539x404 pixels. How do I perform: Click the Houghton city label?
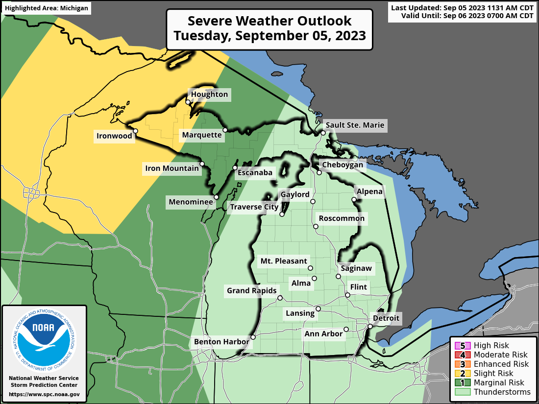[209, 95]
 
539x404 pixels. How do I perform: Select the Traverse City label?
[254, 207]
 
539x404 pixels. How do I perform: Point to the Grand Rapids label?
[252, 291]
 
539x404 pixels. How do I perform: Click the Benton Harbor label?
[221, 341]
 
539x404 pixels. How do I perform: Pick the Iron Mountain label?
[172, 169]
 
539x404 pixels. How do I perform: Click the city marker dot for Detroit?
[370, 326]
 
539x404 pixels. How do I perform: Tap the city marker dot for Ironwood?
[136, 131]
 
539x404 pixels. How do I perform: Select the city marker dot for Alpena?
[354, 200]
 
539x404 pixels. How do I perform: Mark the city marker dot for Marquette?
[225, 130]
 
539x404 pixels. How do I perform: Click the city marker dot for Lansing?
[318, 309]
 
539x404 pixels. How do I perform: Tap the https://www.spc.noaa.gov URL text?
[44, 394]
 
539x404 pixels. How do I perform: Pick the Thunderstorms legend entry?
[495, 392]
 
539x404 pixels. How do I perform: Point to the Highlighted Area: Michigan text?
[47, 8]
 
